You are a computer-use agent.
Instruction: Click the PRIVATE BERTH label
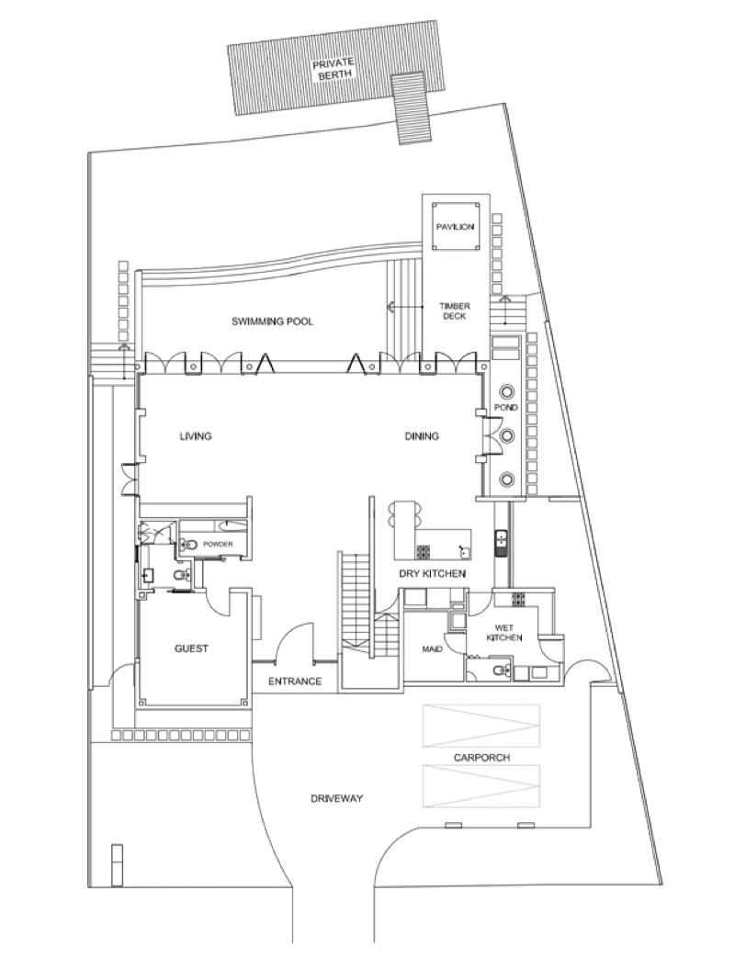click(x=332, y=70)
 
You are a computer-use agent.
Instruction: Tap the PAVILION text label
click(x=455, y=227)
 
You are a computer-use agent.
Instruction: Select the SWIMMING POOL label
click(x=272, y=321)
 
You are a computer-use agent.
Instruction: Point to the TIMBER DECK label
click(x=454, y=310)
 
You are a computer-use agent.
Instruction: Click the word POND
click(x=506, y=407)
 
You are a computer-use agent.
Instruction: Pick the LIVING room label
click(x=196, y=436)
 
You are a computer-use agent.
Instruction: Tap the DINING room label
click(x=422, y=436)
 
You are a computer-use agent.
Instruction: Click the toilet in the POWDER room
click(x=189, y=545)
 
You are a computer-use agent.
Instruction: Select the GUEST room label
click(x=191, y=648)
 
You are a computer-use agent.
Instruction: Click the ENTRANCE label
click(x=294, y=682)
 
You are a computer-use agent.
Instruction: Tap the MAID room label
click(x=432, y=649)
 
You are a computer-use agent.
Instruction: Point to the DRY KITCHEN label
click(x=432, y=573)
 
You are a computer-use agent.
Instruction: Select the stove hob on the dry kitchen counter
click(x=424, y=553)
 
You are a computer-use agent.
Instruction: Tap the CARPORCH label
click(x=481, y=758)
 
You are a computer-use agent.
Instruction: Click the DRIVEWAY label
click(x=336, y=799)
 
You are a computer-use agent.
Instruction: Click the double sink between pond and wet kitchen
click(x=501, y=543)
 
